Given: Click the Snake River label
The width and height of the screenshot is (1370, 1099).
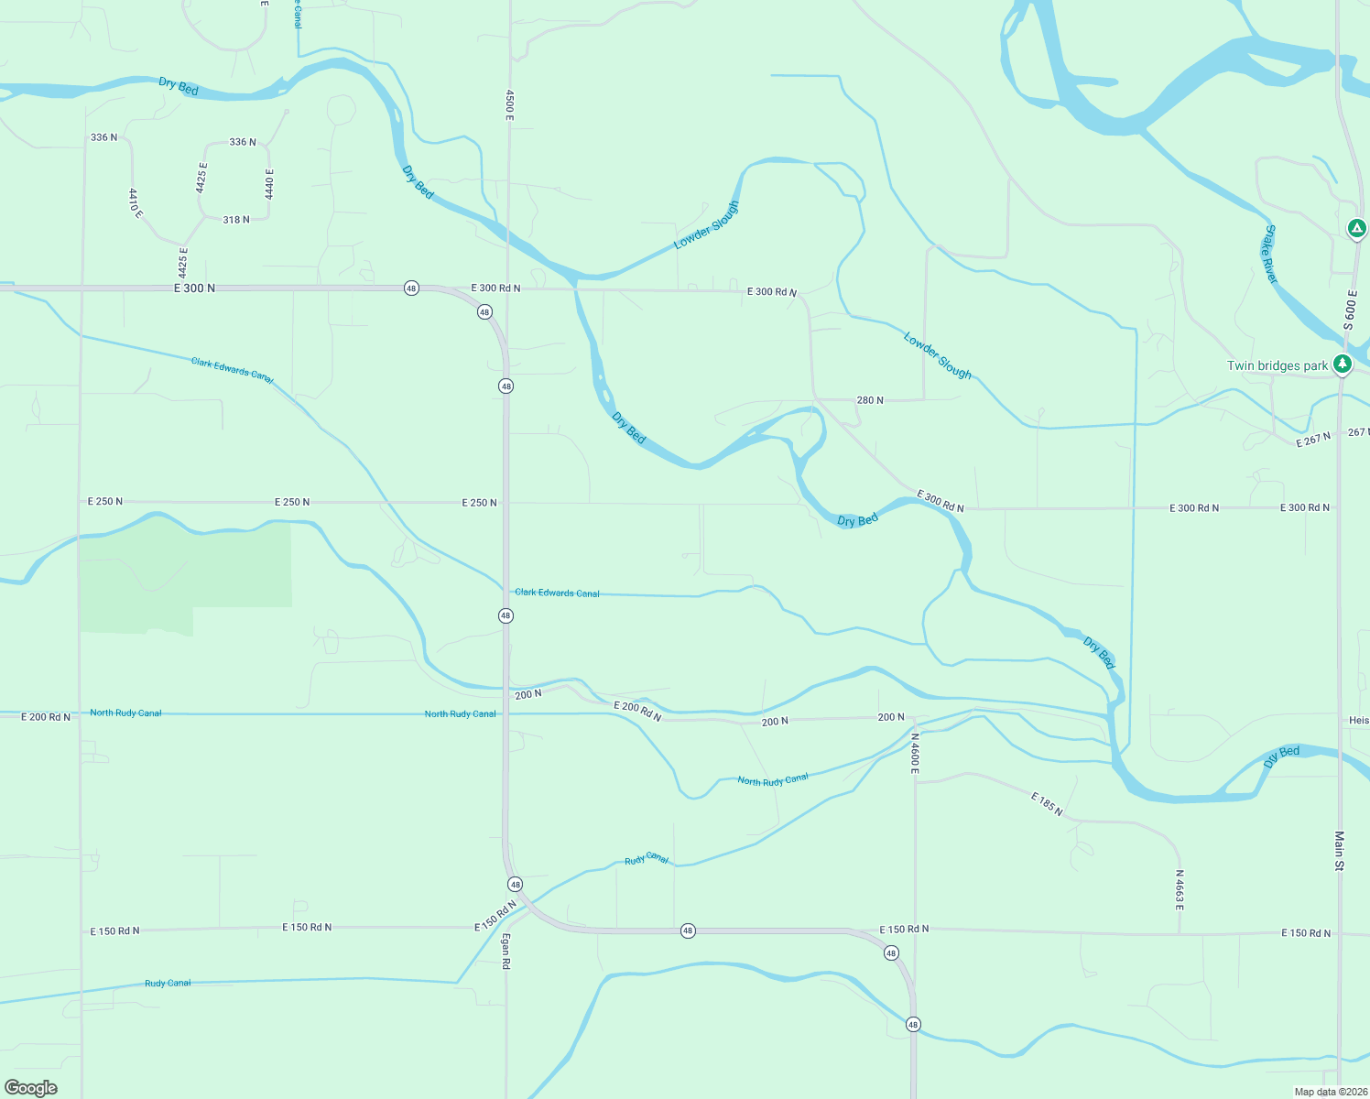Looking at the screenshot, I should click(1270, 254).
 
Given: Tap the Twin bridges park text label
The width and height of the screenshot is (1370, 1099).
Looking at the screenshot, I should click(1277, 365).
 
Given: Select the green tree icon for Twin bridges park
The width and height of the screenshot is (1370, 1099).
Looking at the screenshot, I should click(1343, 365).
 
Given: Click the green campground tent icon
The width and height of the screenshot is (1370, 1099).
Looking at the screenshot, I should click(1357, 228).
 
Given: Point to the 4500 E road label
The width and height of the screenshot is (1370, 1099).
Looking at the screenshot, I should click(509, 104).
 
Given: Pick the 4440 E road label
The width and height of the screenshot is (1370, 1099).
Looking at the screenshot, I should click(269, 184).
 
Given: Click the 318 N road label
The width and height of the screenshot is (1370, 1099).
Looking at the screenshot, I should click(236, 220).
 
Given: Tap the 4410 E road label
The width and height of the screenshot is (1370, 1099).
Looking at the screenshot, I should click(136, 202).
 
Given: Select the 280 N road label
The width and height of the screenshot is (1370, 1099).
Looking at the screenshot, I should click(870, 400).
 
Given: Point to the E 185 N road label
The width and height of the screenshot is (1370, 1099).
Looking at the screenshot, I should click(1047, 804).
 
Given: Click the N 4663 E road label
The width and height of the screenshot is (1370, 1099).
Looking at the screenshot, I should click(1180, 889).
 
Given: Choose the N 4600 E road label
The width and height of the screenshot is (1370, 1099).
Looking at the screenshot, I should click(914, 753).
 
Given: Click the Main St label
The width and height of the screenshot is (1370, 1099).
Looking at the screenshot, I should click(1339, 851).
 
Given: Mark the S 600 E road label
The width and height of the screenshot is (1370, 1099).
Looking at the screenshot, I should click(1350, 310).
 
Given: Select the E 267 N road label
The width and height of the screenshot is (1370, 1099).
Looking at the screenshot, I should click(1313, 440).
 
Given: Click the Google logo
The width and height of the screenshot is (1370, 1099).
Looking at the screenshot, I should click(31, 1087).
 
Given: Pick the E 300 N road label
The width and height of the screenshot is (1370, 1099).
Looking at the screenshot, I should click(194, 288).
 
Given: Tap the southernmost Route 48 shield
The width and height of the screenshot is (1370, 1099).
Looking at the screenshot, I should click(913, 1024).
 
